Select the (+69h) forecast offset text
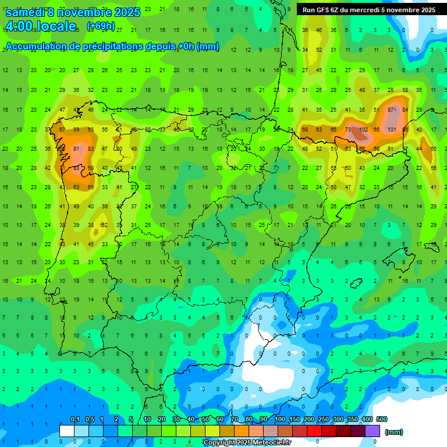point(100,26)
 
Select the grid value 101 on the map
point(392,129)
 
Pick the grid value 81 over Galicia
point(76,149)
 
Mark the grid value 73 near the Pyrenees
point(348,129)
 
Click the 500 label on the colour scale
point(381,419)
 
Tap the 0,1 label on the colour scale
point(75,419)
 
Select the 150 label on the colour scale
point(295,419)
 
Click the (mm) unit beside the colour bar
point(394,432)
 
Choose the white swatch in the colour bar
point(66,431)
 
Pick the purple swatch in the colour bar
point(372,431)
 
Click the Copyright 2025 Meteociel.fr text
point(247,442)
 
